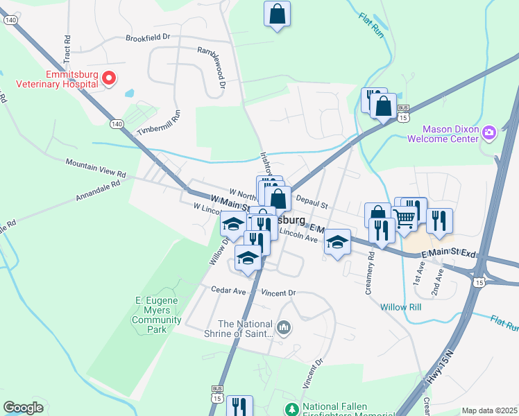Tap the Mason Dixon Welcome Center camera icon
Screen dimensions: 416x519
489,132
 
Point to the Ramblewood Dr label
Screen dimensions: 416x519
213,68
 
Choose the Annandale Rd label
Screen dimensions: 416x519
97,192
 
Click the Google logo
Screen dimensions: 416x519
23,408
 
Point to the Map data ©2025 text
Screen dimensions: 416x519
488,410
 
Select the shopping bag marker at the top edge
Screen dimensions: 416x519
277,13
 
